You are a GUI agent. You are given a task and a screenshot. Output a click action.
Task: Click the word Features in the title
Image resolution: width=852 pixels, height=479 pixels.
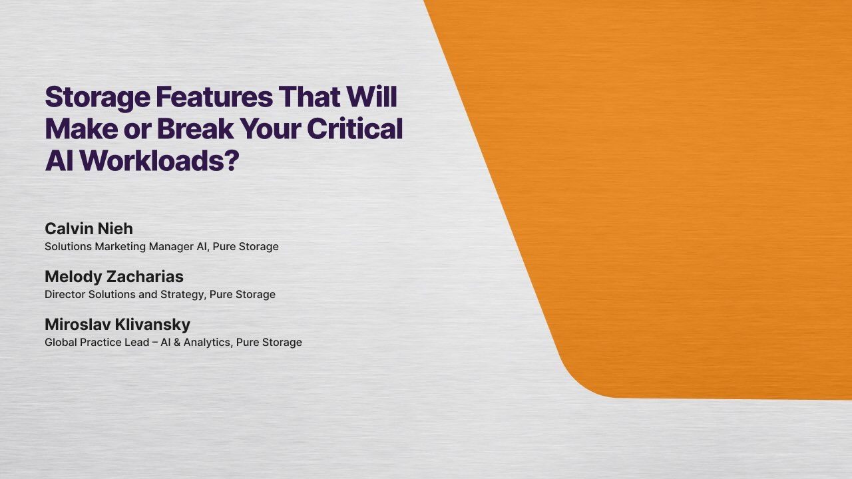point(214,97)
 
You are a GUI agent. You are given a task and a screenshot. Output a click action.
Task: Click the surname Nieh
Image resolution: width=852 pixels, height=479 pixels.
point(116,229)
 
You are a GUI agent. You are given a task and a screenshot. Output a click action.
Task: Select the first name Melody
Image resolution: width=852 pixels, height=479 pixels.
point(72,277)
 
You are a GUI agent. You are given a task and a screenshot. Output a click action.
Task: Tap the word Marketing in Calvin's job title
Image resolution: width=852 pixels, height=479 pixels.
point(118,247)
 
